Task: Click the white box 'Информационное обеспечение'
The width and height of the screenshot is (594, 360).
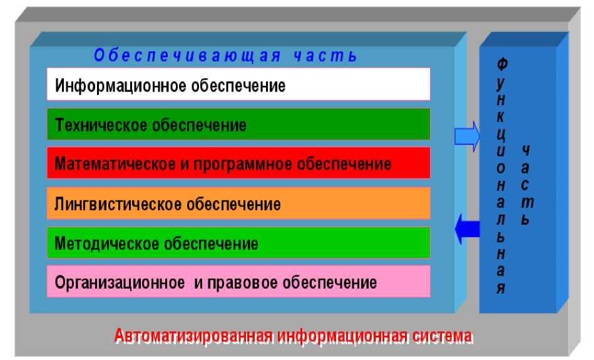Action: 238,85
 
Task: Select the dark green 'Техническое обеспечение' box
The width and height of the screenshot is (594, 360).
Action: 238,124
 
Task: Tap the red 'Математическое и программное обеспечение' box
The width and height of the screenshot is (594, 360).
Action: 238,163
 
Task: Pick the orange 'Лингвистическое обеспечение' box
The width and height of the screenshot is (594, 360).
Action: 238,203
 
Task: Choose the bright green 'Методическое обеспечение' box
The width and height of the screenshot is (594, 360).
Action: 238,243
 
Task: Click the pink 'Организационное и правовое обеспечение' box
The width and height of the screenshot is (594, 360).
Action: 238,282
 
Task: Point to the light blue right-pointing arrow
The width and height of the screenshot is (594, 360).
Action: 467,134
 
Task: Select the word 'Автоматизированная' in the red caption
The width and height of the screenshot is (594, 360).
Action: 193,336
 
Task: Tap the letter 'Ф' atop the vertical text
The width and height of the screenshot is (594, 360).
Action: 502,64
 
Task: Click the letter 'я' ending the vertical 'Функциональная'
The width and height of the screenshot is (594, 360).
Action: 501,288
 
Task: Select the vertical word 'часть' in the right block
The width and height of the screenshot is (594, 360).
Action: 526,185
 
